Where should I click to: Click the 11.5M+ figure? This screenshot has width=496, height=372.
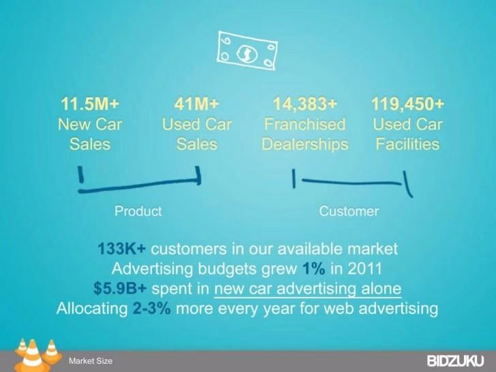click(x=90, y=104)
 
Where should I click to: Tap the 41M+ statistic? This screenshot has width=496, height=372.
click(x=196, y=104)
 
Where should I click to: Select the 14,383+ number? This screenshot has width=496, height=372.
click(x=305, y=104)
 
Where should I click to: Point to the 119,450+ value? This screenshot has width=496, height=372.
click(x=407, y=104)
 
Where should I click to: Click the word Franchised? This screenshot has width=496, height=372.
click(x=305, y=124)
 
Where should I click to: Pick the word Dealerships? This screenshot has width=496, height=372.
click(x=305, y=144)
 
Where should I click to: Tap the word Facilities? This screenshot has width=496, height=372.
click(x=407, y=144)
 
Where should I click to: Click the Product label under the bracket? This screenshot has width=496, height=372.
click(x=138, y=211)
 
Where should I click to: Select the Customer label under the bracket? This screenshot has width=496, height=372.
click(x=349, y=211)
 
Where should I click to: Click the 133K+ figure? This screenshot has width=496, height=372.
click(x=122, y=249)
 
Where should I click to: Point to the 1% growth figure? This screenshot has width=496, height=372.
click(x=313, y=269)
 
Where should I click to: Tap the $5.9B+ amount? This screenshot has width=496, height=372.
click(x=120, y=289)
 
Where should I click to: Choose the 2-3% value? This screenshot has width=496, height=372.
click(x=151, y=309)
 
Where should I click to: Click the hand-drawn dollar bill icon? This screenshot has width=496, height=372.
click(x=247, y=50)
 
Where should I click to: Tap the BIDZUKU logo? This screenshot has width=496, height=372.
click(x=455, y=361)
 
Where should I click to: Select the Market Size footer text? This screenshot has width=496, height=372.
click(x=91, y=361)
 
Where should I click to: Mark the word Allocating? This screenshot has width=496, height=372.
click(x=92, y=309)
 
